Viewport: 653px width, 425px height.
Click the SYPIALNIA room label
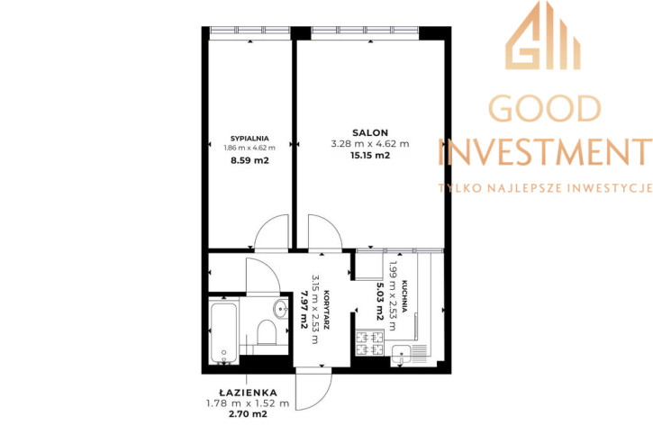tap(249, 139)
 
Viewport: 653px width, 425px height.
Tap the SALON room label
tap(370, 132)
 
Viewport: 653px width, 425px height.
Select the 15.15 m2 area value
tap(370, 155)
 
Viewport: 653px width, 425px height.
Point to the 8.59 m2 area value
tap(249, 160)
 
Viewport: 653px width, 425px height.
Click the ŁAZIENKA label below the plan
tap(248, 392)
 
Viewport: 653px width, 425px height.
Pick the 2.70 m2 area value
tap(248, 414)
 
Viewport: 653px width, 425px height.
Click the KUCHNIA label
tap(404, 296)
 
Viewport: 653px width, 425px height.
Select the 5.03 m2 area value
tap(379, 302)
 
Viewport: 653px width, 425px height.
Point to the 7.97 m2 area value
tap(304, 310)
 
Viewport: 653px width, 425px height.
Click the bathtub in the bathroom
tap(223, 333)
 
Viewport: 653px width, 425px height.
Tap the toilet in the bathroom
tap(266, 331)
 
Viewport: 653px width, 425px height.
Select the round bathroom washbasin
tap(281, 309)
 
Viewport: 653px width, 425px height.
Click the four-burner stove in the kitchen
tap(370, 342)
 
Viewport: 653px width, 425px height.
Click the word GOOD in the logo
tap(544, 108)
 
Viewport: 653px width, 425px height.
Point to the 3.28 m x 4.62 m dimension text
tap(370, 144)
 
